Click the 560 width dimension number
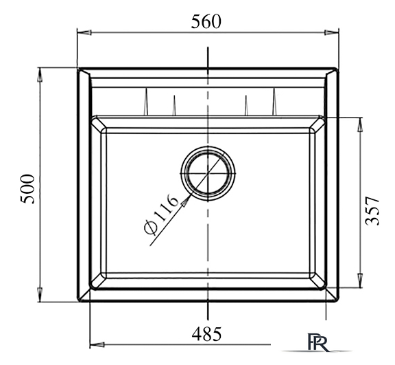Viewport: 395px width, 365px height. (206, 22)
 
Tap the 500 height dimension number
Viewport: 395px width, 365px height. (27, 189)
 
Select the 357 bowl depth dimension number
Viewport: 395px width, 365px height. (372, 211)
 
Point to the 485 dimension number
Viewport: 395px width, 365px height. (206, 334)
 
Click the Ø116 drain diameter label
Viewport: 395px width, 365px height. (161, 214)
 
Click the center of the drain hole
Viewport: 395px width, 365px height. (208, 173)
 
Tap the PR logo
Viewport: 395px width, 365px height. (318, 342)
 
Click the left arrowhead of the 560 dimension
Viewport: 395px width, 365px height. (84, 32)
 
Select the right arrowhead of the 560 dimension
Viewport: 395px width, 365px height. (331, 32)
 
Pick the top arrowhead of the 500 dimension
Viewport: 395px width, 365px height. (40, 75)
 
